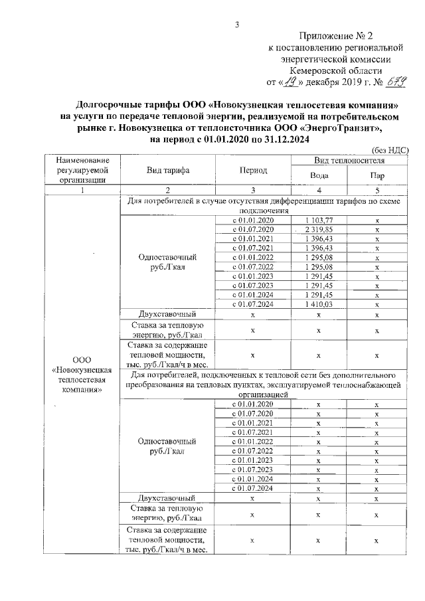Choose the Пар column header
coord(377,175)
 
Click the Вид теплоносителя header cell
coord(349,161)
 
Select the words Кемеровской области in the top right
coord(335,70)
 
